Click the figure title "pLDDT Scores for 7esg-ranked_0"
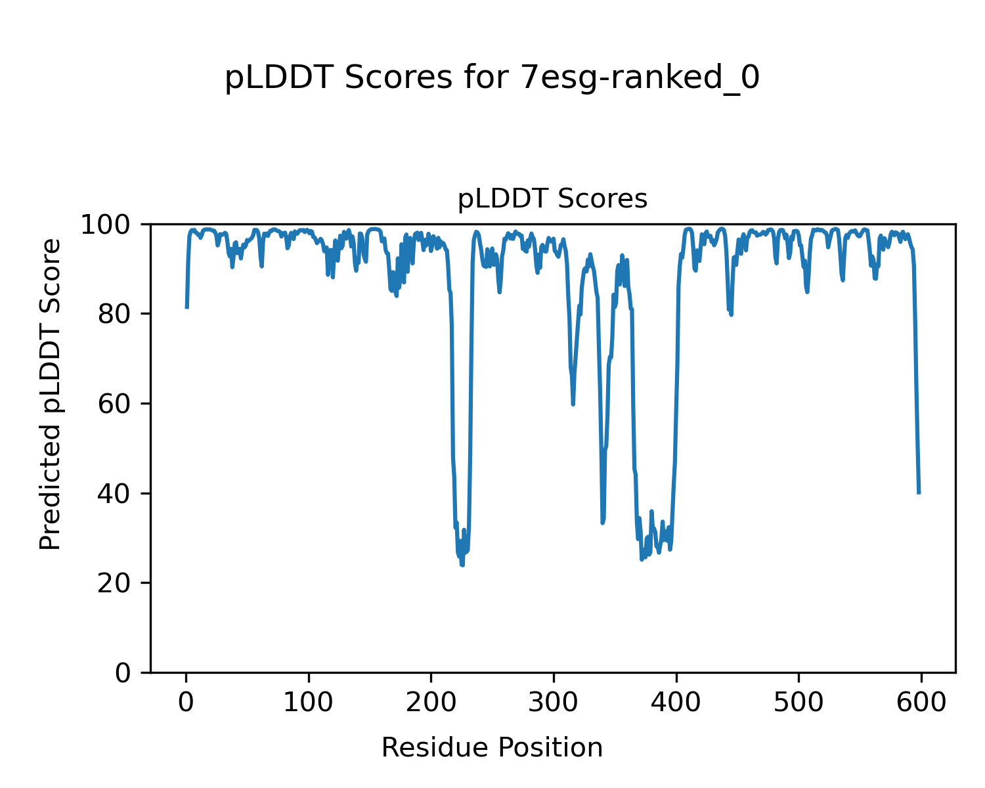[x=492, y=78]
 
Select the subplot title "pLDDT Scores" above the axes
[x=552, y=199]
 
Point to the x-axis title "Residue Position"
[x=492, y=747]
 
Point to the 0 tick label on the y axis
[x=123, y=673]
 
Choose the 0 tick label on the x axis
[x=186, y=703]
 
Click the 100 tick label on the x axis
[x=309, y=703]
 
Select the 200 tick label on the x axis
[x=431, y=703]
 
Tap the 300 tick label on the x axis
[x=554, y=703]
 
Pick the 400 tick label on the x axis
[x=676, y=703]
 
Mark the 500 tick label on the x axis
[x=799, y=703]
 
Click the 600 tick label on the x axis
[x=921, y=703]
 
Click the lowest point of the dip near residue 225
[x=462, y=565]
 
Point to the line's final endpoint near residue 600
[x=919, y=493]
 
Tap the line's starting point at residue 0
[x=187, y=307]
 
